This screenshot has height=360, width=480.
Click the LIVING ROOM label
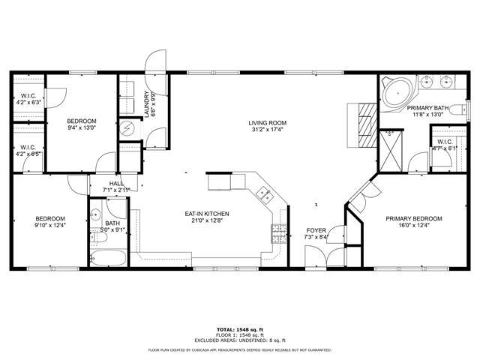pyautogui.click(x=268, y=123)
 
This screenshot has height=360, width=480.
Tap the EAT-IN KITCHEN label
pyautogui.click(x=207, y=214)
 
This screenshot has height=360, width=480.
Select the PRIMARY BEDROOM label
pyautogui.click(x=413, y=219)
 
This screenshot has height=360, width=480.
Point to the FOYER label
pyautogui.click(x=316, y=230)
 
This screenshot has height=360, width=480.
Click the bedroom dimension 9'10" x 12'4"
pyautogui.click(x=49, y=225)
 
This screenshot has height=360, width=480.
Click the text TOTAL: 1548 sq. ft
pyautogui.click(x=239, y=329)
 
